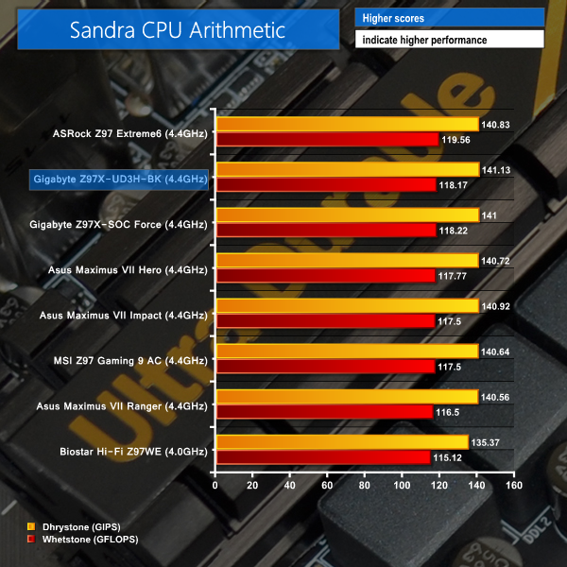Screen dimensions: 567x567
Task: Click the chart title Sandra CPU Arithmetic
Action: [178, 29]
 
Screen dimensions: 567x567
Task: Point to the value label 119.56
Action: [455, 139]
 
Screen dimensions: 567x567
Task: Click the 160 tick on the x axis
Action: [513, 485]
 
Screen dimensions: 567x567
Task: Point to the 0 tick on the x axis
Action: [216, 485]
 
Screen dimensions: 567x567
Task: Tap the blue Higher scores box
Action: [449, 18]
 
